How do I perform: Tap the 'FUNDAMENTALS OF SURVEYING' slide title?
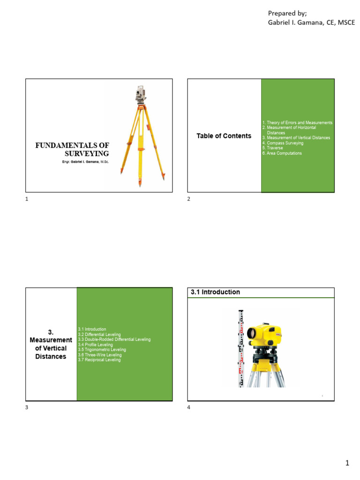click(72, 150)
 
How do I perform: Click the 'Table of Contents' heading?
click(224, 136)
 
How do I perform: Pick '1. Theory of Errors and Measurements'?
click(297, 122)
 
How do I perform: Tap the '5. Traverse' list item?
click(272, 148)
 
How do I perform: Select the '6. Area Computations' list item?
click(282, 153)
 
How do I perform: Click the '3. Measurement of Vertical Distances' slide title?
click(51, 344)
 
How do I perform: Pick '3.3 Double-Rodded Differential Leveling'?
click(114, 339)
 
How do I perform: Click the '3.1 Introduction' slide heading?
click(215, 292)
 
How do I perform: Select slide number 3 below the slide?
click(27, 408)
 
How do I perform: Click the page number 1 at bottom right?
click(347, 464)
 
